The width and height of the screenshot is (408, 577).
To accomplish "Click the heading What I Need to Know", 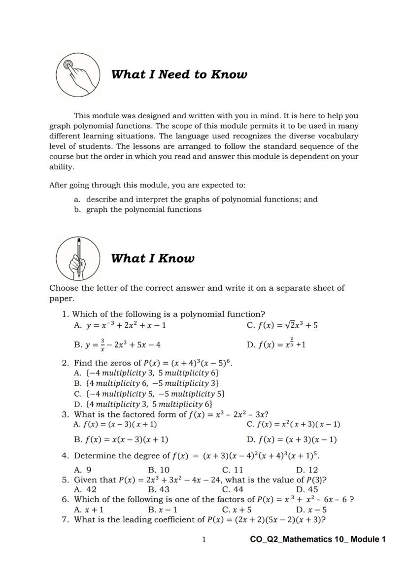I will (x=179, y=74).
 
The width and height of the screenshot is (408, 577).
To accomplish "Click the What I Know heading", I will (x=153, y=259).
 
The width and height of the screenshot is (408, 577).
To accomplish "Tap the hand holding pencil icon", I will (x=77, y=258).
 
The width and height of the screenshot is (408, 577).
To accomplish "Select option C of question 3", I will (x=293, y=424).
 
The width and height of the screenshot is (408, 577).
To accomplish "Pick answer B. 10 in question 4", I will (x=159, y=470).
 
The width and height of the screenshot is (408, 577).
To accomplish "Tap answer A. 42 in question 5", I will (x=85, y=489).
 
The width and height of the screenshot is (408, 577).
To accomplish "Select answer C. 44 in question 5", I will (x=233, y=489).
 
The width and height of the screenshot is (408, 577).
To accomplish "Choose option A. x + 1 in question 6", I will (x=89, y=509).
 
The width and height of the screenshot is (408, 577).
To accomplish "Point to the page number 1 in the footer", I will (x=204, y=540).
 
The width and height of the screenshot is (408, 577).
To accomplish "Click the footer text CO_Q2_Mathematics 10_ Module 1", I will (x=318, y=540).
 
